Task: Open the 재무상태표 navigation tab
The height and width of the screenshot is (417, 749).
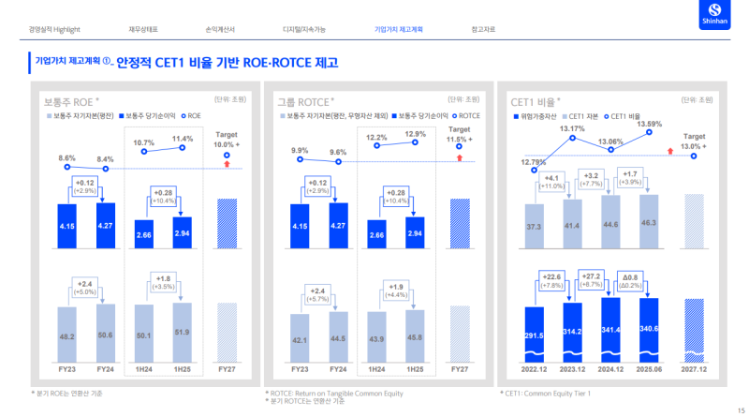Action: [x=143, y=30]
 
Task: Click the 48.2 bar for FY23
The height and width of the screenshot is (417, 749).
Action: [x=67, y=334]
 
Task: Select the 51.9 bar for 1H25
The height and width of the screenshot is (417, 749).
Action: [x=182, y=332]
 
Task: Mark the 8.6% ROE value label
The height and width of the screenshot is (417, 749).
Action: [x=67, y=157]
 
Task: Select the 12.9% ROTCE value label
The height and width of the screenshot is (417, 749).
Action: [x=415, y=134]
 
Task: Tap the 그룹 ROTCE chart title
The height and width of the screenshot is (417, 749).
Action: [x=305, y=98]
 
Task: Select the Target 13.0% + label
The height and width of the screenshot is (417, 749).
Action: [x=694, y=141]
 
